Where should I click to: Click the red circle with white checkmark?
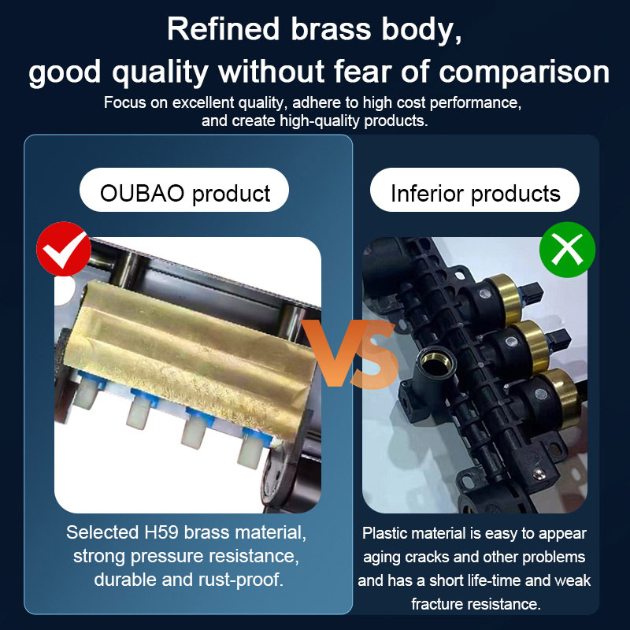point(64,249)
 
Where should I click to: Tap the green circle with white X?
point(567,250)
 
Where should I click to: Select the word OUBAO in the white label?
point(142,193)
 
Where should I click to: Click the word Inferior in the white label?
point(427,193)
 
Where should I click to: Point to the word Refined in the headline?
point(223,29)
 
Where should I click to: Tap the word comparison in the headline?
point(524,72)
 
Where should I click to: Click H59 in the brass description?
point(161,532)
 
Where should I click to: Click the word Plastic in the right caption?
point(384,533)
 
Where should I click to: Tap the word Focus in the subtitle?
point(124,103)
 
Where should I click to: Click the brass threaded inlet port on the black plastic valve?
point(435,363)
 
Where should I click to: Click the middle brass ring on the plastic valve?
point(535,345)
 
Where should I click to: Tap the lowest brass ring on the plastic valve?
point(562,397)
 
